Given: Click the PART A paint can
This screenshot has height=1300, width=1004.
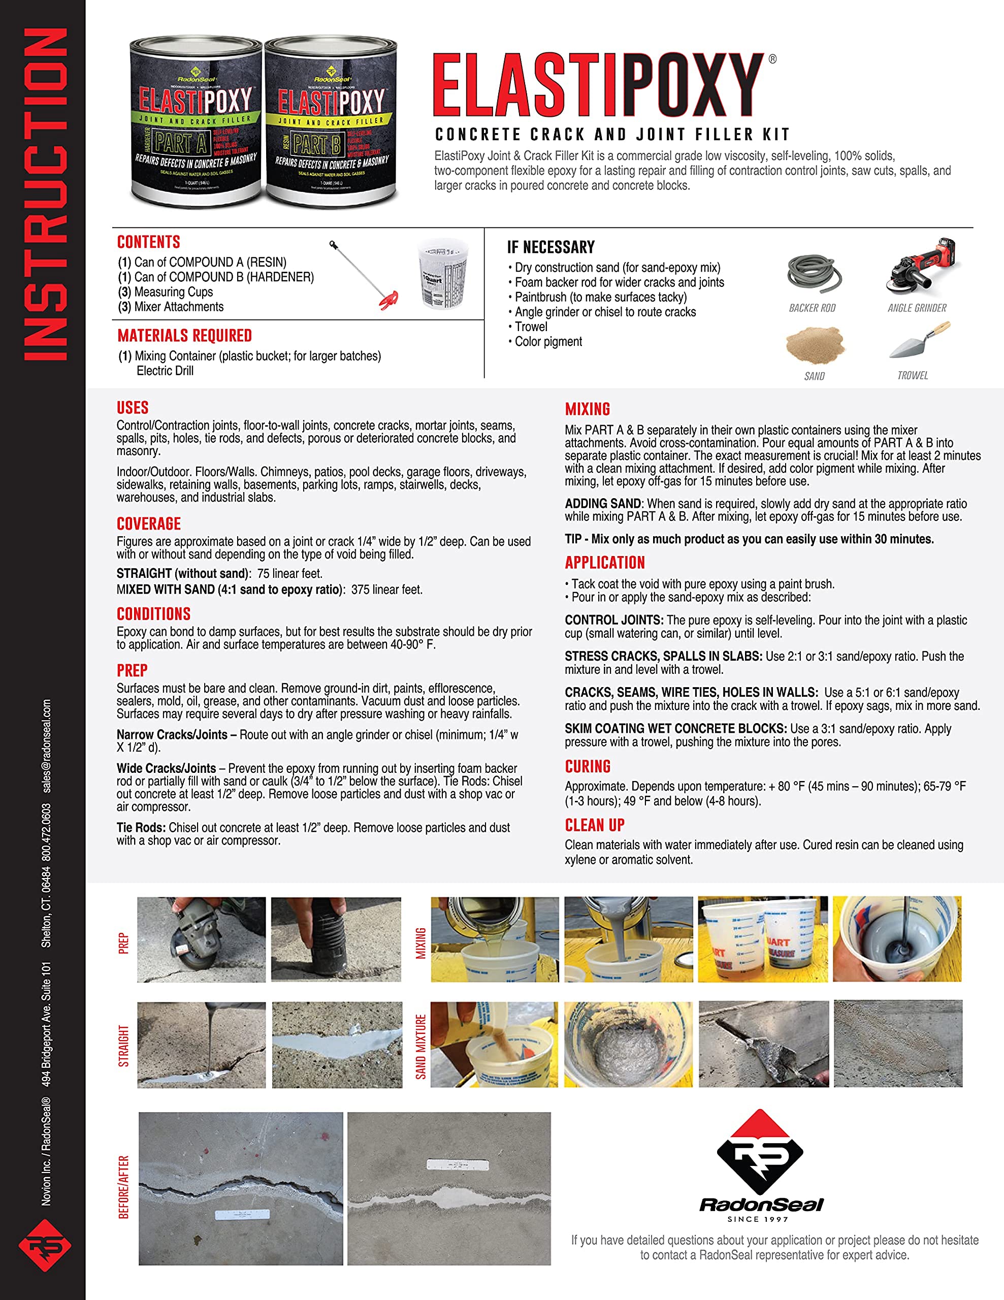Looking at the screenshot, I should pyautogui.click(x=195, y=122).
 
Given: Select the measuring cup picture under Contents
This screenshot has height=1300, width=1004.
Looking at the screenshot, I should pyautogui.click(x=443, y=273).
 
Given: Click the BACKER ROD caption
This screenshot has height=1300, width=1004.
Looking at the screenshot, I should pyautogui.click(x=812, y=308).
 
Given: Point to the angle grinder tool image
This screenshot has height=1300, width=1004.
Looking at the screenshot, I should pyautogui.click(x=922, y=267).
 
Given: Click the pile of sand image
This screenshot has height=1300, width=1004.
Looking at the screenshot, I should pyautogui.click(x=814, y=344).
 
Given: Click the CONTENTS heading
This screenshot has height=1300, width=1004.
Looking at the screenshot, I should pyautogui.click(x=148, y=242).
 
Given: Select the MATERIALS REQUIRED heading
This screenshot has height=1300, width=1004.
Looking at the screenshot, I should pyautogui.click(x=184, y=336).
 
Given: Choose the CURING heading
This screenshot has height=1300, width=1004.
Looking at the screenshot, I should pyautogui.click(x=588, y=767).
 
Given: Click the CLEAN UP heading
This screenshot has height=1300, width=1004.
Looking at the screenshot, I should pyautogui.click(x=594, y=825).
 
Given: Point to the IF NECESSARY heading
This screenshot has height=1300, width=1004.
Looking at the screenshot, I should pyautogui.click(x=550, y=247).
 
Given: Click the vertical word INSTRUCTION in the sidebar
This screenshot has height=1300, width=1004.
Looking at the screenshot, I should pyautogui.click(x=45, y=194).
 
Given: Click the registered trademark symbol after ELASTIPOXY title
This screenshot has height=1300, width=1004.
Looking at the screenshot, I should pyautogui.click(x=772, y=59).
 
